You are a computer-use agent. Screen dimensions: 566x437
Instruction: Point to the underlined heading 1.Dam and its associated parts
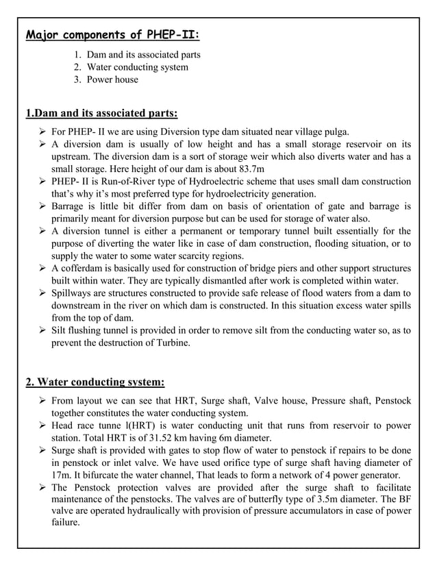101,112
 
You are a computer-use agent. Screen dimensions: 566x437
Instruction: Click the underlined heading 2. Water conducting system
95,382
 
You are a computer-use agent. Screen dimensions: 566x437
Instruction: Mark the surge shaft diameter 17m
62,475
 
